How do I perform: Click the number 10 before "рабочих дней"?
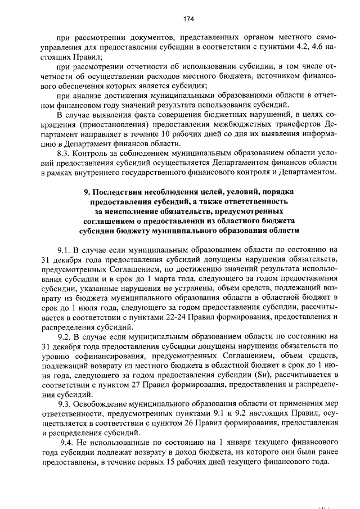[154, 134]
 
